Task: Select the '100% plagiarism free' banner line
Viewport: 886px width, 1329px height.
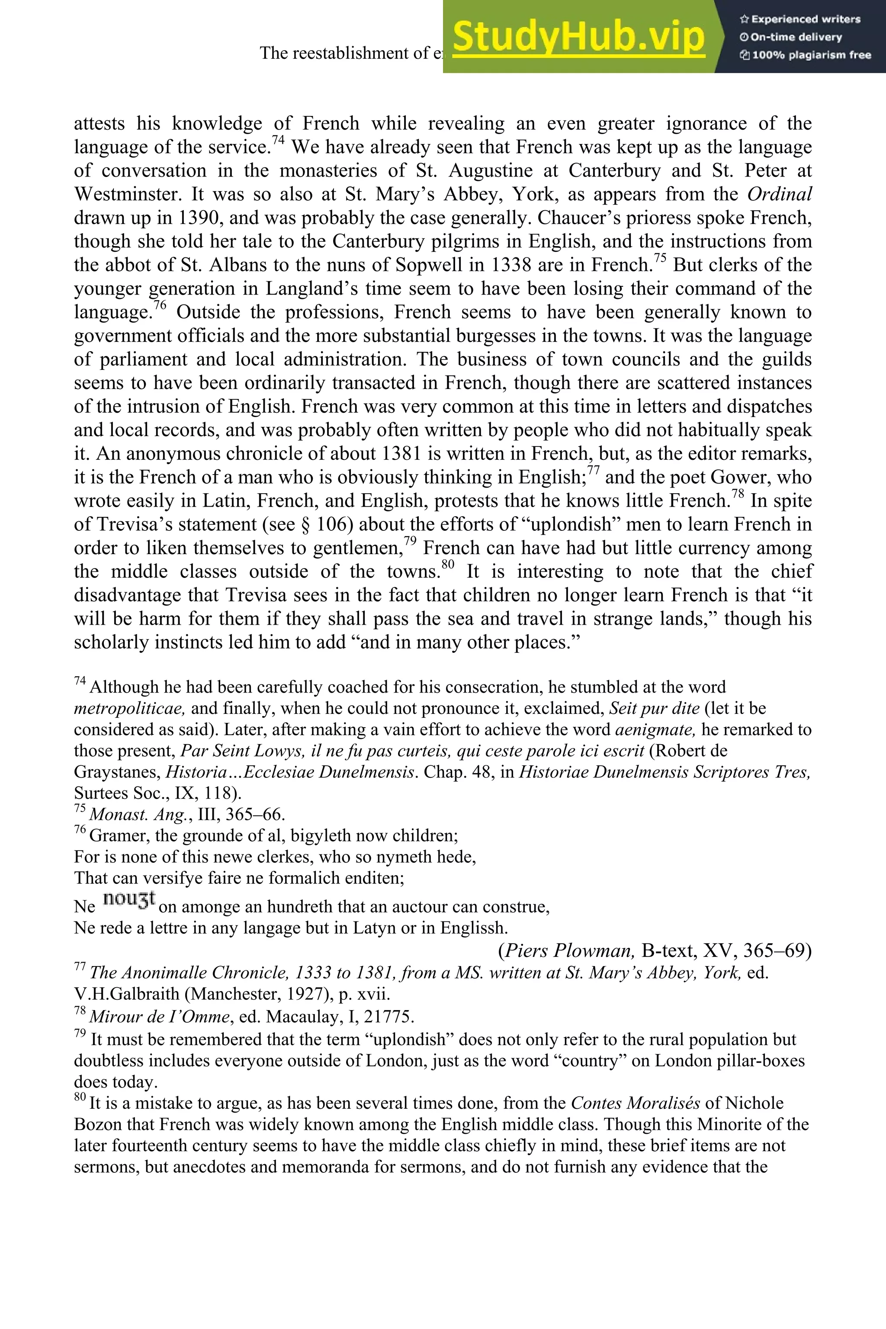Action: click(805, 55)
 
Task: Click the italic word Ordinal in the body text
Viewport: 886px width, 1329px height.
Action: click(779, 194)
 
